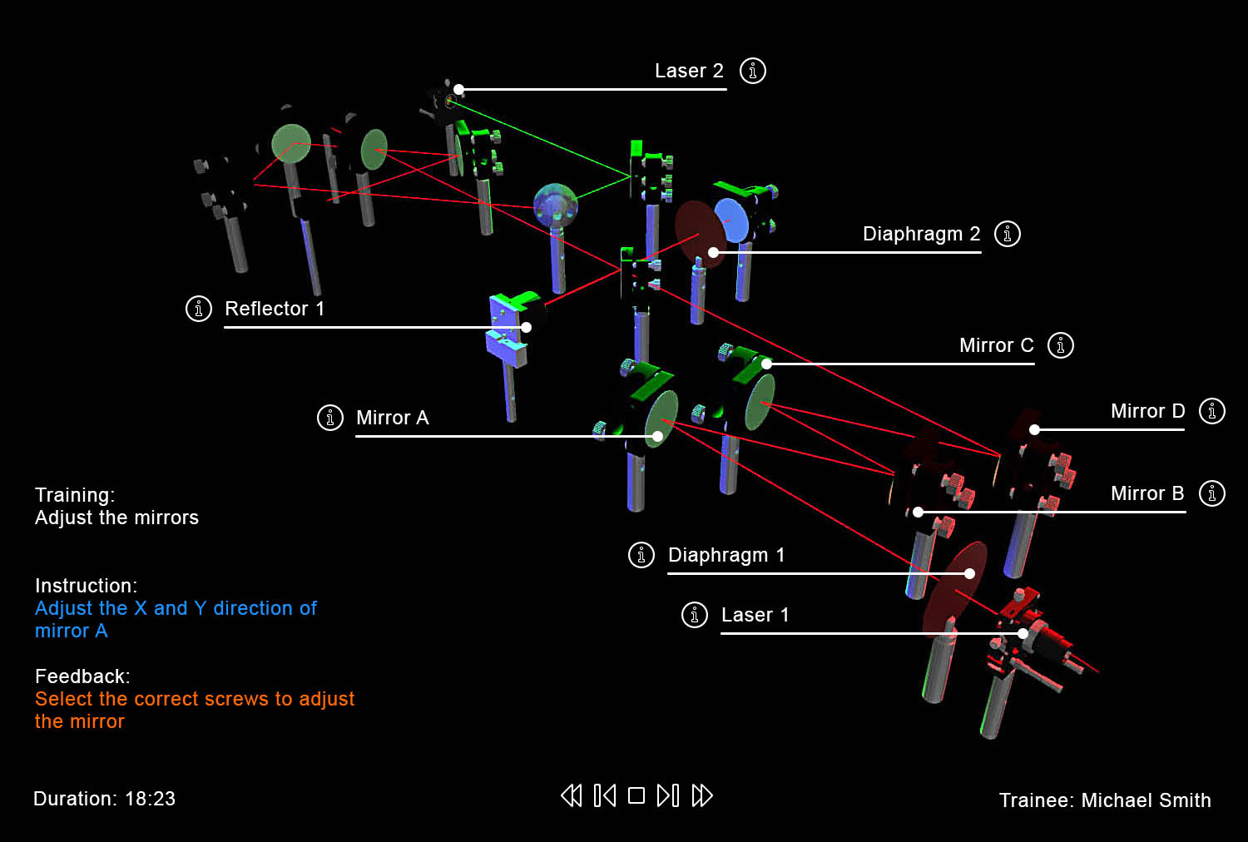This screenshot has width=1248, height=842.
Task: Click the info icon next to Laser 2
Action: point(753,71)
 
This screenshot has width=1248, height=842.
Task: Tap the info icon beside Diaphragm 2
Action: point(1008,234)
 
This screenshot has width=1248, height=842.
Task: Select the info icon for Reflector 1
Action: point(199,309)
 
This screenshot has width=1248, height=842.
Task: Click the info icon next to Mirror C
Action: point(1061,345)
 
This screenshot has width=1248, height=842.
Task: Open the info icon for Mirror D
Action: point(1212,411)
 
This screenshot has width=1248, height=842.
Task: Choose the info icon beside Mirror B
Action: point(1212,493)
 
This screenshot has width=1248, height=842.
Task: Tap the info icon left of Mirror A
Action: point(330,418)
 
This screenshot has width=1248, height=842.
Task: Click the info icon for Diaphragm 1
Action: point(641,555)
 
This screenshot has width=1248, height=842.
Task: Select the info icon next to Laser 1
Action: point(695,615)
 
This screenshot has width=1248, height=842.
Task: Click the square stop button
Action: point(636,796)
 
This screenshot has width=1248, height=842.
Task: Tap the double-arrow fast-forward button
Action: point(702,796)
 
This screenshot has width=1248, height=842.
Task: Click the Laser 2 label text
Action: point(689,72)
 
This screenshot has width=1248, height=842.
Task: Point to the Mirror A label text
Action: point(392,418)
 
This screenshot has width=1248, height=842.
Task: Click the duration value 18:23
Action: point(151,799)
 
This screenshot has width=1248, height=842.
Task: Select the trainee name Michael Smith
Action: point(1146,800)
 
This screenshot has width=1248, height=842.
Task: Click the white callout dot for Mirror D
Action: point(1034,430)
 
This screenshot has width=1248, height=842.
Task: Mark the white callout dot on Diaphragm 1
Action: point(969,573)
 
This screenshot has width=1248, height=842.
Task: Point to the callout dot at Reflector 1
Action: point(526,328)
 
